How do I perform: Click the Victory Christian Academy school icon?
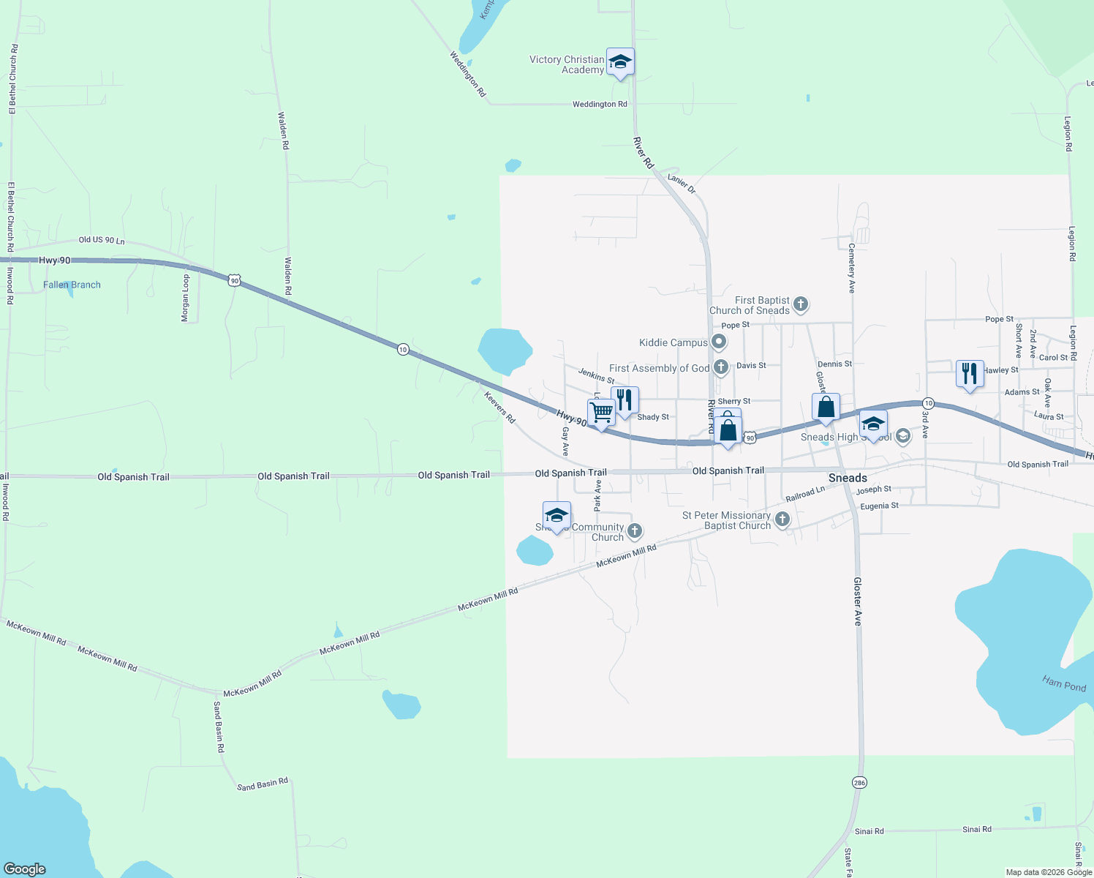(x=620, y=62)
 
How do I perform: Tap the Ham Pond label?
(x=1063, y=684)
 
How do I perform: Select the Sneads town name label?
(x=848, y=478)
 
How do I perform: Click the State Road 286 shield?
(x=859, y=783)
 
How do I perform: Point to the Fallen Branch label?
(x=72, y=285)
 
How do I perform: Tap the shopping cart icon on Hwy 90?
(x=601, y=413)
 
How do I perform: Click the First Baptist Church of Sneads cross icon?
(x=801, y=304)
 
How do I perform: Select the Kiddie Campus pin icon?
(x=719, y=342)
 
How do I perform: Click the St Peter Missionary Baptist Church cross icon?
(x=782, y=519)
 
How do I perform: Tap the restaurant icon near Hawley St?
(x=970, y=374)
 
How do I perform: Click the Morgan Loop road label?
(x=186, y=299)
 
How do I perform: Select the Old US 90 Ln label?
(x=102, y=240)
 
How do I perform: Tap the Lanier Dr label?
(x=682, y=183)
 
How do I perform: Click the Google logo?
(x=25, y=868)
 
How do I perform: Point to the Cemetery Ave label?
(x=851, y=269)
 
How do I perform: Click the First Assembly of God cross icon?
(x=721, y=367)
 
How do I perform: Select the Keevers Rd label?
(x=500, y=407)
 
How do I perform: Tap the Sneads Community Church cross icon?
(x=635, y=530)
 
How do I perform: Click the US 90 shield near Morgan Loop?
(x=233, y=280)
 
